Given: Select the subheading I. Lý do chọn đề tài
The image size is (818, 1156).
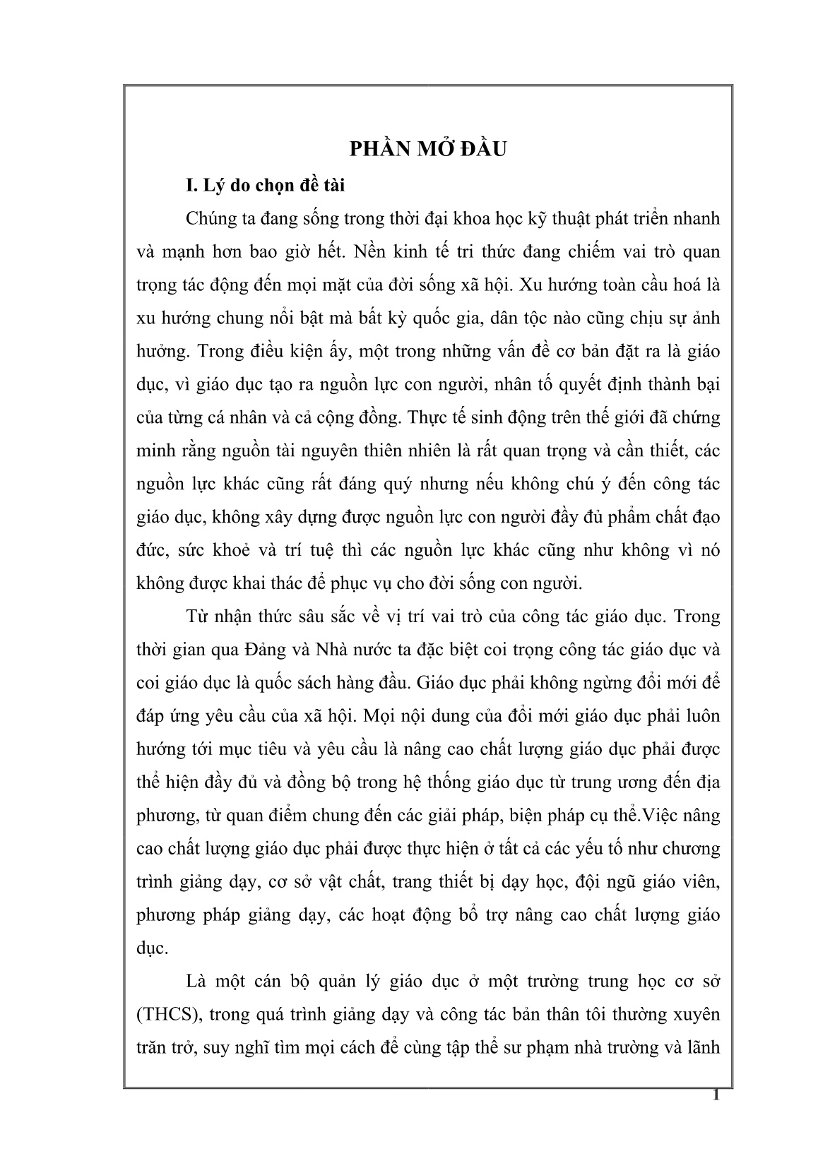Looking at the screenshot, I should point(265,186).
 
